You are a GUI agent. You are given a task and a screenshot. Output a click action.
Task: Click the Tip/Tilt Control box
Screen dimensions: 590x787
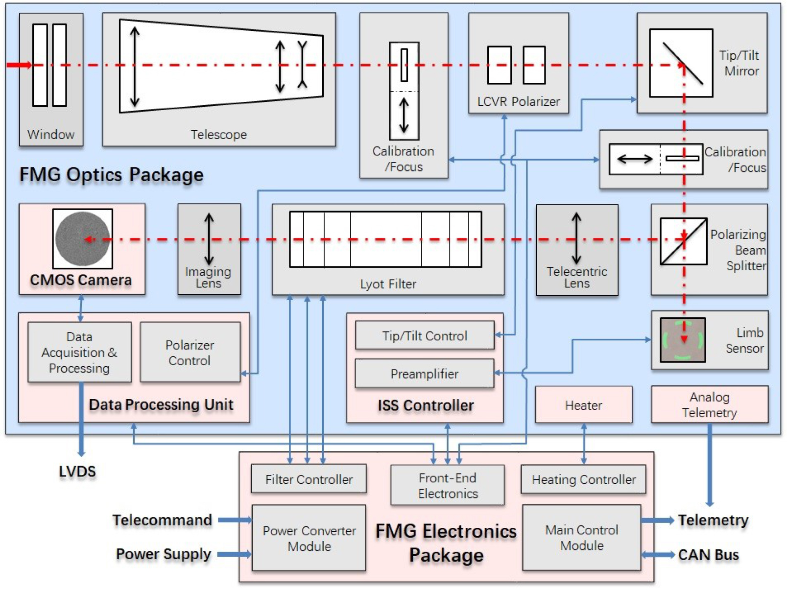[425, 335]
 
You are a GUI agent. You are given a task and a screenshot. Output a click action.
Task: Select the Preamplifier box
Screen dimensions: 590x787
[425, 374]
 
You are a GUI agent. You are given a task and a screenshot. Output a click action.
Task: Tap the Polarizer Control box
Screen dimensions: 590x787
[190, 353]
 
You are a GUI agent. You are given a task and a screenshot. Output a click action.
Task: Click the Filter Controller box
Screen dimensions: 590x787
[309, 479]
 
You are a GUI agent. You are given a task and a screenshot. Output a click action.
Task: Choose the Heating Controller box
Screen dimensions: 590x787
[583, 479]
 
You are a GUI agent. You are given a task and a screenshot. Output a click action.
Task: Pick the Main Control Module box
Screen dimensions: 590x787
[582, 538]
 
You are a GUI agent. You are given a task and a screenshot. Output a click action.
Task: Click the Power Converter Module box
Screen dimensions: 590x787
[309, 538]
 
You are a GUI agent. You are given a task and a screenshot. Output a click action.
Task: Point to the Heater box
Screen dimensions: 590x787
[583, 405]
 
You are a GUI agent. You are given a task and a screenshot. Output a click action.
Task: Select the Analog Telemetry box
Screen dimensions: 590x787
[709, 404]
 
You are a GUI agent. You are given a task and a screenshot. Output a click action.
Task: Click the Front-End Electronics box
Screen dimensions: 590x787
[448, 485]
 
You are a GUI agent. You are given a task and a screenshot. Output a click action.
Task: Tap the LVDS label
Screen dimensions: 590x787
[77, 472]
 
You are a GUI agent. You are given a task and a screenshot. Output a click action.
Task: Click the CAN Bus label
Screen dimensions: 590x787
[708, 555]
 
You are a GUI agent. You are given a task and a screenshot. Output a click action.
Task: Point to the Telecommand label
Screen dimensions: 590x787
[162, 520]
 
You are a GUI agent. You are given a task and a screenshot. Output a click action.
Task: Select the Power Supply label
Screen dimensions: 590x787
[164, 554]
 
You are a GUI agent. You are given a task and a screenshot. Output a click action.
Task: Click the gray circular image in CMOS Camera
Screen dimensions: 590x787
[82, 239]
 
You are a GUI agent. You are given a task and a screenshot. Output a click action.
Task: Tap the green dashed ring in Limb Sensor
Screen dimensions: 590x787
[683, 340]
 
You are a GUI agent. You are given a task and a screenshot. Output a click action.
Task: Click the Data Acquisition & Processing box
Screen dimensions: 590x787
[80, 353]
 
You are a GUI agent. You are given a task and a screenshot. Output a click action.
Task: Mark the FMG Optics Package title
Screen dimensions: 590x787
[111, 175]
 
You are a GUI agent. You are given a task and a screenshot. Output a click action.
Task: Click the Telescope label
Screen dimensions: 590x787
[218, 135]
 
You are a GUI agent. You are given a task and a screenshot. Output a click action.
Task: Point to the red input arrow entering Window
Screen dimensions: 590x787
[19, 65]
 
